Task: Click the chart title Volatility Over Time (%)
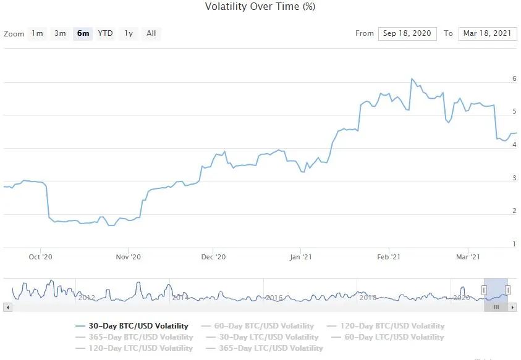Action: tap(260, 7)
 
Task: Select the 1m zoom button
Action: tap(38, 33)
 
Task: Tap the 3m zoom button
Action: tap(60, 33)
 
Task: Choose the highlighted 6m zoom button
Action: tap(83, 33)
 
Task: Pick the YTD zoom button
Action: tap(106, 33)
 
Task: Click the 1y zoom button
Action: tap(129, 33)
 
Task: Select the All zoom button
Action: tap(151, 33)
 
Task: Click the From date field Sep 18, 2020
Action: tap(407, 33)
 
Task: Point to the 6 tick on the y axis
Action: tap(514, 78)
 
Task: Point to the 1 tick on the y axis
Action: tap(514, 244)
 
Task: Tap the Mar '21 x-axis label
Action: tap(468, 257)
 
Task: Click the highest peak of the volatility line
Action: tap(412, 79)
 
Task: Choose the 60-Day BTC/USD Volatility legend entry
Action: tap(264, 325)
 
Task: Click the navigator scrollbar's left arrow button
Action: tap(7, 307)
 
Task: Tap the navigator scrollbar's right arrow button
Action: tap(513, 307)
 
